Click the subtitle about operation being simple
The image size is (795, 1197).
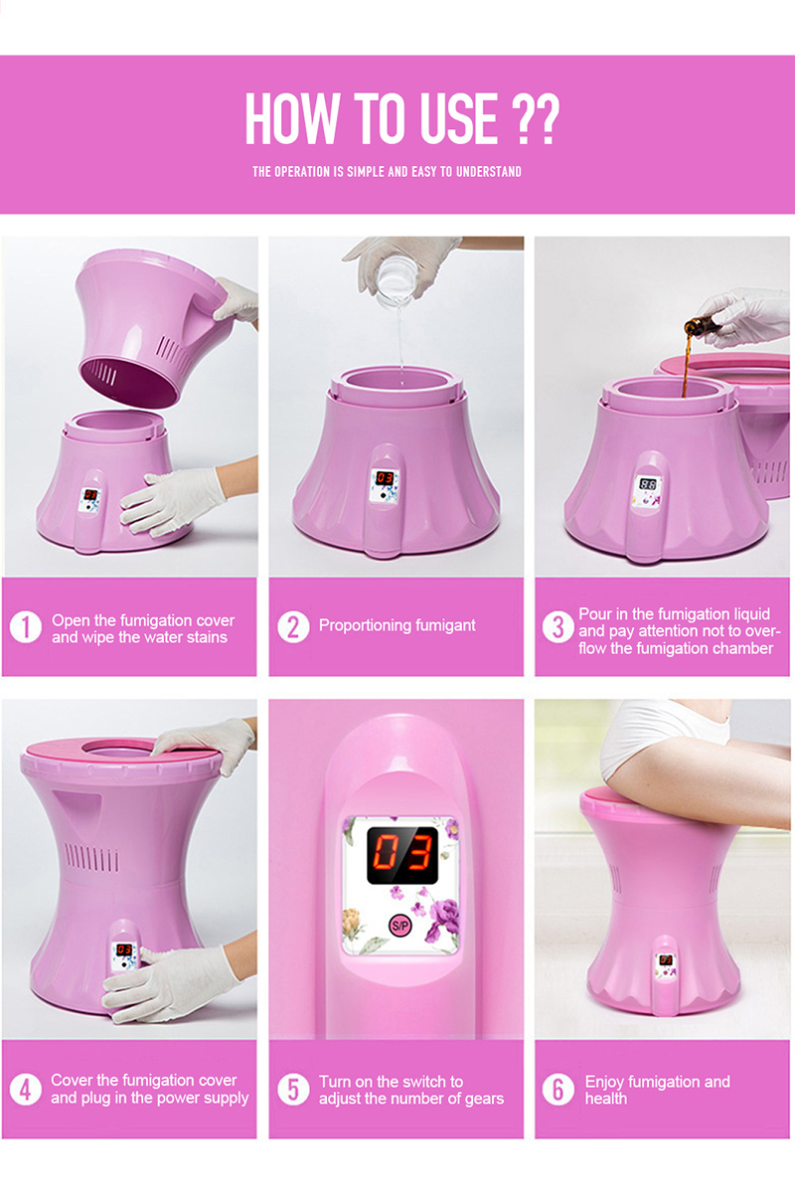pyautogui.click(x=387, y=172)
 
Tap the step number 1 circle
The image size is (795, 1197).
pyautogui.click(x=25, y=628)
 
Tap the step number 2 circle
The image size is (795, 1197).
pyautogui.click(x=293, y=627)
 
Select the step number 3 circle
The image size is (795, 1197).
pyautogui.click(x=557, y=628)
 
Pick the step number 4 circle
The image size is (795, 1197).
pyautogui.click(x=25, y=1089)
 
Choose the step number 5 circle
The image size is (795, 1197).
pyautogui.click(x=293, y=1089)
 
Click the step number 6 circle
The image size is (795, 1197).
pyautogui.click(x=557, y=1089)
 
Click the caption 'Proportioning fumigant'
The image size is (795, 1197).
pyautogui.click(x=397, y=626)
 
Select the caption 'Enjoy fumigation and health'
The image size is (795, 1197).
pyautogui.click(x=657, y=1090)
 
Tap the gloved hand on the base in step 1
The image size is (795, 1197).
pyautogui.click(x=170, y=500)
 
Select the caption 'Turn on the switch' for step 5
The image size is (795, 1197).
pyautogui.click(x=410, y=1090)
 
